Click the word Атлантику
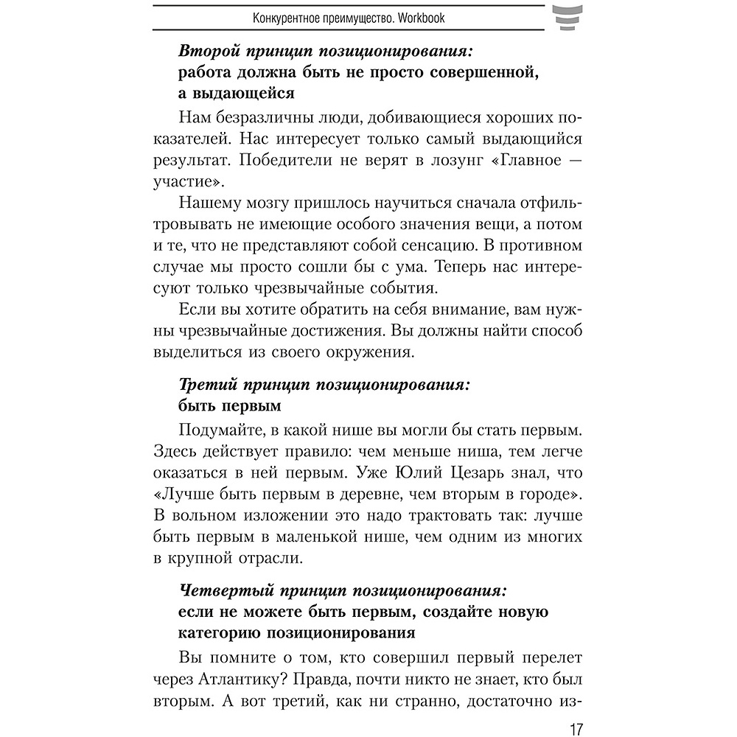coord(249,675)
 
